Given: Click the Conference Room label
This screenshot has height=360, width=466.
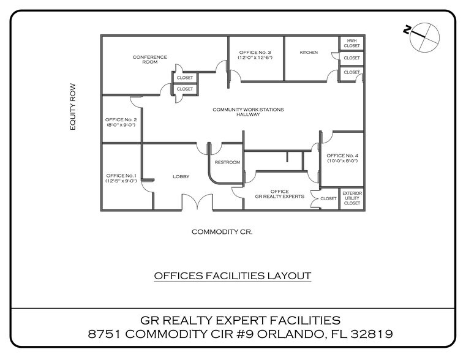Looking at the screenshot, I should (150, 59).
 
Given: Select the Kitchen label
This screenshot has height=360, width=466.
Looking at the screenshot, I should (309, 53).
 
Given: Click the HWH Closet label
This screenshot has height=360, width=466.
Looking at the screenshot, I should (351, 43).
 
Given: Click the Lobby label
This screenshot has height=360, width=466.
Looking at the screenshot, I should (181, 176).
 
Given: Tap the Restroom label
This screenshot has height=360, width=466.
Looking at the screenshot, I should (227, 162).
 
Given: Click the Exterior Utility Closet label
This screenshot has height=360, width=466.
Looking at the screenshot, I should (352, 198).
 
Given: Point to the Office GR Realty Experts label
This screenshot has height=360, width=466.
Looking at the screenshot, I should (279, 195).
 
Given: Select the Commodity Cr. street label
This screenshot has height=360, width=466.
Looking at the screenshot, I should (222, 232).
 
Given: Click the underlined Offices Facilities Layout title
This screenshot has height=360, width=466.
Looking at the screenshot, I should (232, 276).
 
